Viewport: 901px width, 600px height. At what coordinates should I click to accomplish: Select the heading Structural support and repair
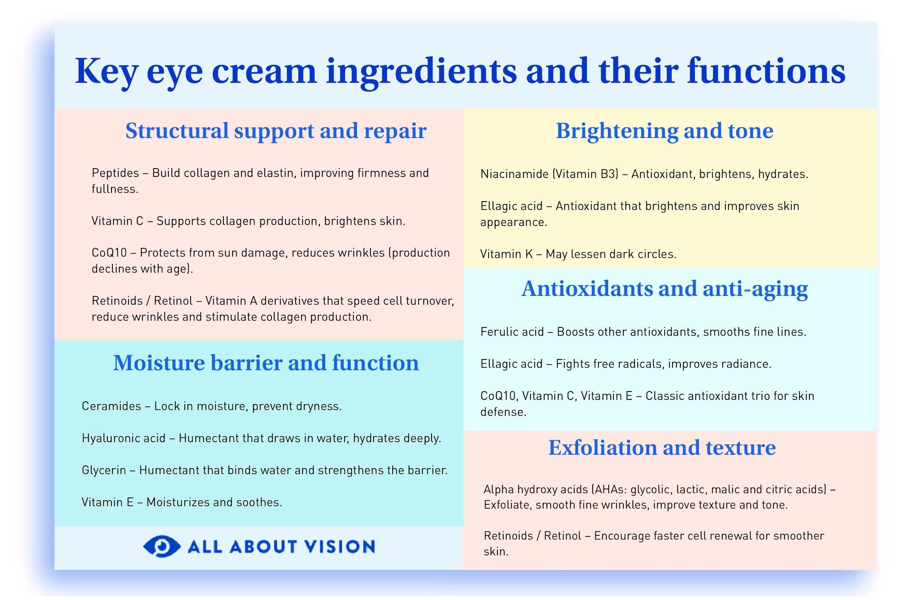(276, 131)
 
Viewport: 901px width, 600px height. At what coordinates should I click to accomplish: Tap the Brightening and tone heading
(664, 131)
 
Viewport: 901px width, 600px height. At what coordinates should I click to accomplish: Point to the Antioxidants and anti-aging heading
(664, 289)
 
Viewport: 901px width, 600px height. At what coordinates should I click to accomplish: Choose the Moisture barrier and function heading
(266, 363)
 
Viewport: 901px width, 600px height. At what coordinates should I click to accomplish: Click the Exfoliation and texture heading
(662, 448)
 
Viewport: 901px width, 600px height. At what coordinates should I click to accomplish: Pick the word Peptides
(115, 173)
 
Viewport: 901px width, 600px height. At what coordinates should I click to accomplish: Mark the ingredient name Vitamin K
(507, 254)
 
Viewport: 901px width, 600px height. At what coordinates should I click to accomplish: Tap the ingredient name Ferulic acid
(512, 332)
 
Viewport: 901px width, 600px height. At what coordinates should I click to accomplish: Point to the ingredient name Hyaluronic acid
(124, 438)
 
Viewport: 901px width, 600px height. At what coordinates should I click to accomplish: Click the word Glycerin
(104, 470)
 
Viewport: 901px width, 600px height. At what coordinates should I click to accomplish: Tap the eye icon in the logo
(161, 546)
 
